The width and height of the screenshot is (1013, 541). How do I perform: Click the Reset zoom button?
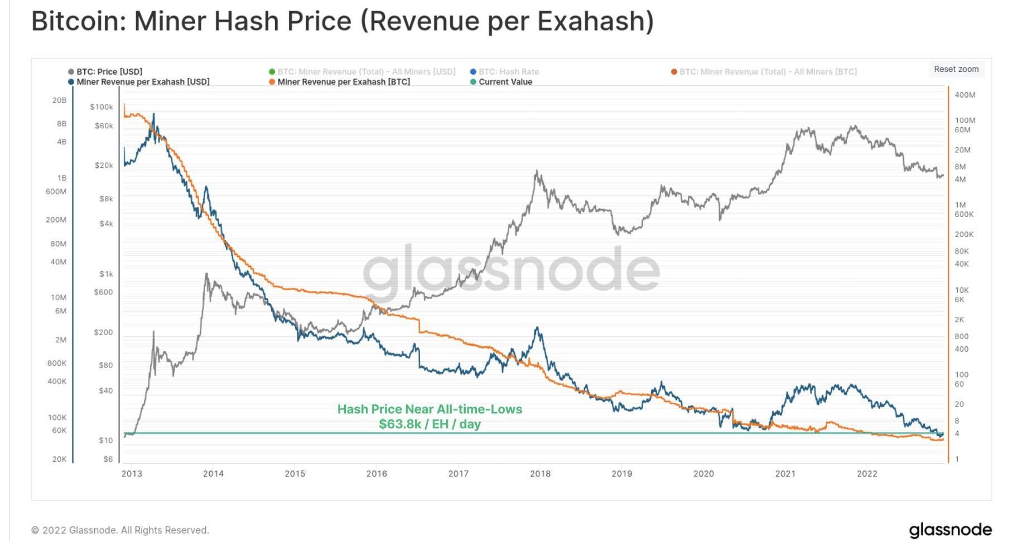click(x=956, y=69)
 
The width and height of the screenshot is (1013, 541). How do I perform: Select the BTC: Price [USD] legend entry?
click(x=105, y=72)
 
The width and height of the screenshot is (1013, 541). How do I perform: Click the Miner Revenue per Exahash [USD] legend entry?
click(x=139, y=82)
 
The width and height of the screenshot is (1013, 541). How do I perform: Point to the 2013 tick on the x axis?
click(x=132, y=474)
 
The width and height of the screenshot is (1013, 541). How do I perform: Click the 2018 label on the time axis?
click(x=540, y=474)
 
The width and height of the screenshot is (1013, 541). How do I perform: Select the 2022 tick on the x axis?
click(x=867, y=474)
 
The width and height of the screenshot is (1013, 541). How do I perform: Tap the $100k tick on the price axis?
click(x=102, y=107)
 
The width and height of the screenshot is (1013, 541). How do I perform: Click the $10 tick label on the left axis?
click(x=105, y=440)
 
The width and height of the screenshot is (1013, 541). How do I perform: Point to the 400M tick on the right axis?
click(x=964, y=95)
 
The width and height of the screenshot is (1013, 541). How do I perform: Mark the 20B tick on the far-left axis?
click(x=59, y=100)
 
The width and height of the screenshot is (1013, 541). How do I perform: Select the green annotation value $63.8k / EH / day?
click(x=430, y=424)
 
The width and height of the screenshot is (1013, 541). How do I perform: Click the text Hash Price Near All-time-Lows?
click(x=430, y=409)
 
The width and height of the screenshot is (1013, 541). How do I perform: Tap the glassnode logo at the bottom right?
click(x=950, y=529)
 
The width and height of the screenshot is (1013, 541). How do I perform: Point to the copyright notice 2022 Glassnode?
click(x=120, y=530)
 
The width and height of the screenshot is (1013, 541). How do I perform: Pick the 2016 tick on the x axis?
click(x=377, y=474)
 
